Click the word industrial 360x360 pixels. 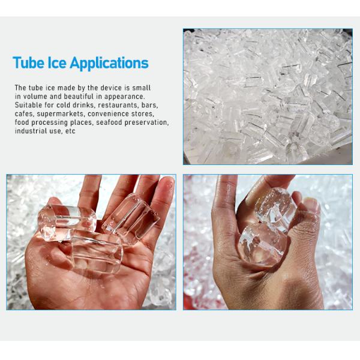click(x=29, y=131)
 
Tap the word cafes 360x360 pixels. click(x=25, y=113)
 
